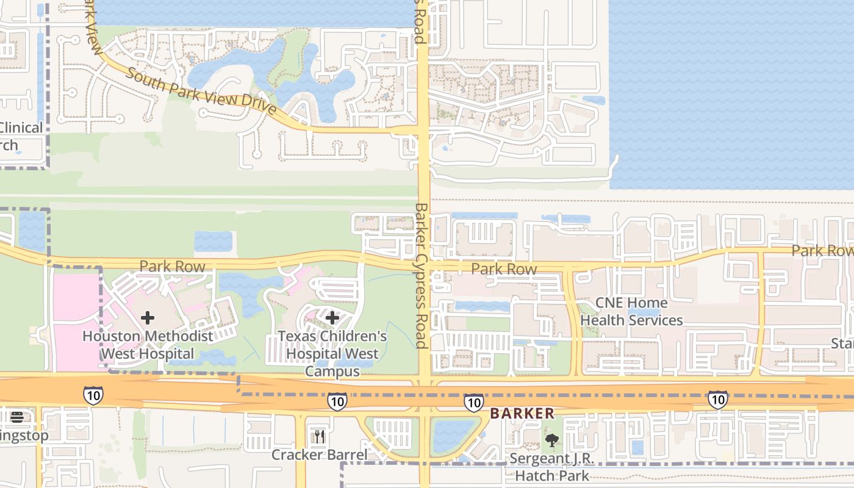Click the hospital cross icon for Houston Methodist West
(147, 318)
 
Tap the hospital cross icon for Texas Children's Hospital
(332, 318)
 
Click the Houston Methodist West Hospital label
(148, 345)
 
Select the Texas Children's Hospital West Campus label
(332, 353)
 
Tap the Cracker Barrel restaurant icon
(319, 436)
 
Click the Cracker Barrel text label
(319, 454)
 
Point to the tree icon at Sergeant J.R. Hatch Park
(551, 440)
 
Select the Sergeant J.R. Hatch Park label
(551, 467)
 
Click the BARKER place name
(522, 414)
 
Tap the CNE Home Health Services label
(631, 311)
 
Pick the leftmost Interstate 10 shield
(93, 395)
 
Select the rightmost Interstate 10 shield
(717, 400)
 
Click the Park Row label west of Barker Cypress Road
(173, 267)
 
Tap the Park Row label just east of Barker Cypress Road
(504, 269)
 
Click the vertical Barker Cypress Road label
(421, 274)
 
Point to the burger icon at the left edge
(16, 417)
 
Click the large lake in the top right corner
(732, 91)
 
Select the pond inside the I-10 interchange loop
(452, 436)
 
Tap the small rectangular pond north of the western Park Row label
(213, 242)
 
